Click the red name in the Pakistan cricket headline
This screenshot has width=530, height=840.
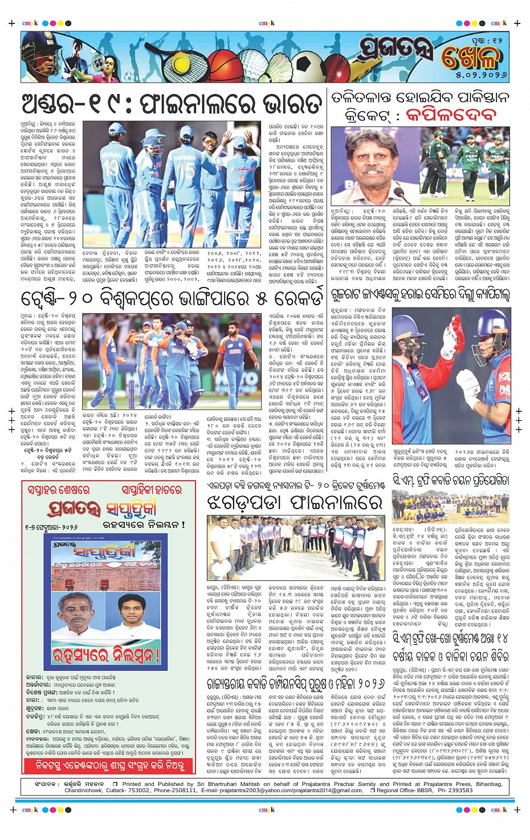[451, 115]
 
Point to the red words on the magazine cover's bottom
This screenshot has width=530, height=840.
[105, 654]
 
